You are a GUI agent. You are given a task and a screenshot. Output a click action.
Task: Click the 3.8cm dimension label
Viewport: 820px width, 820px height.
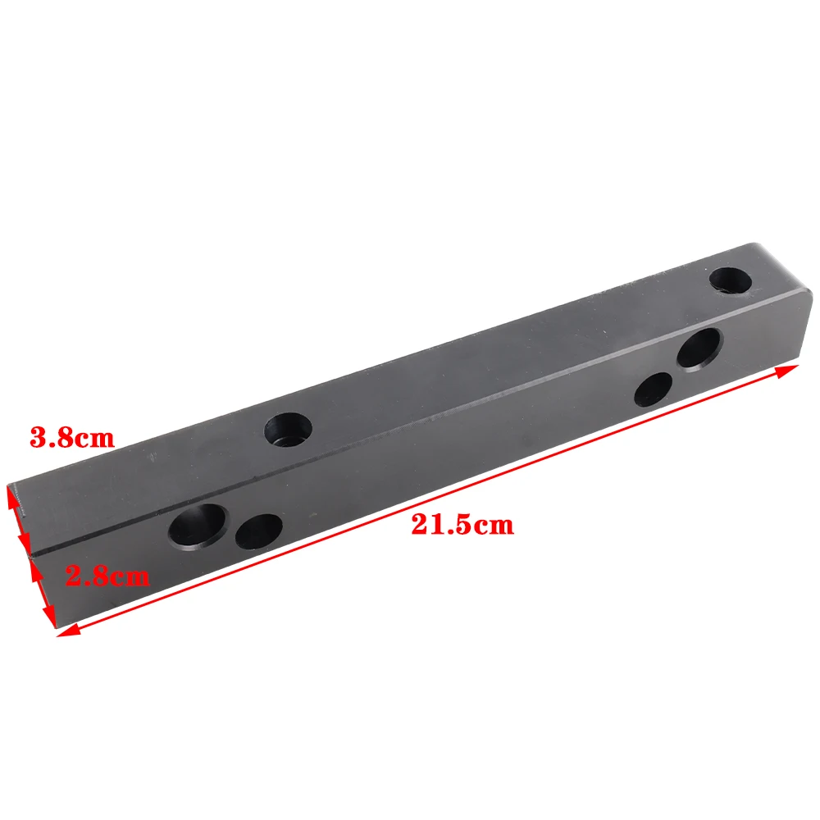click(x=72, y=438)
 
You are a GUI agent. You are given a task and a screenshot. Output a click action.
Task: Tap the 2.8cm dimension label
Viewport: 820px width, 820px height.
click(x=107, y=576)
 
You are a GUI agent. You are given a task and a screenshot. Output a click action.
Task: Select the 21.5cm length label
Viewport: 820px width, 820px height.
click(x=462, y=525)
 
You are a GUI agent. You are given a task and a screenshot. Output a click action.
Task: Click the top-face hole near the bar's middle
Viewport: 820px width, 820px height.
click(x=288, y=430)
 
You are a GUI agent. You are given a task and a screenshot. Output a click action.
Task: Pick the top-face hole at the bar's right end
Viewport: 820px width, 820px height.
click(x=731, y=280)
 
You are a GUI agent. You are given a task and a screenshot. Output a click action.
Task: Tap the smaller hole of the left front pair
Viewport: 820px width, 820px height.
click(x=259, y=531)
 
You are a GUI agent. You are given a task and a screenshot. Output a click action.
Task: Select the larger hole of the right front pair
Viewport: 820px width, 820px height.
click(x=698, y=348)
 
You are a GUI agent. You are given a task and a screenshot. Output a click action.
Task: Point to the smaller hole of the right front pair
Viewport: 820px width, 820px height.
click(x=654, y=389)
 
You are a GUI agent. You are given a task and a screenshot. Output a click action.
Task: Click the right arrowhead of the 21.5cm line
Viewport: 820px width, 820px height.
click(x=789, y=370)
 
